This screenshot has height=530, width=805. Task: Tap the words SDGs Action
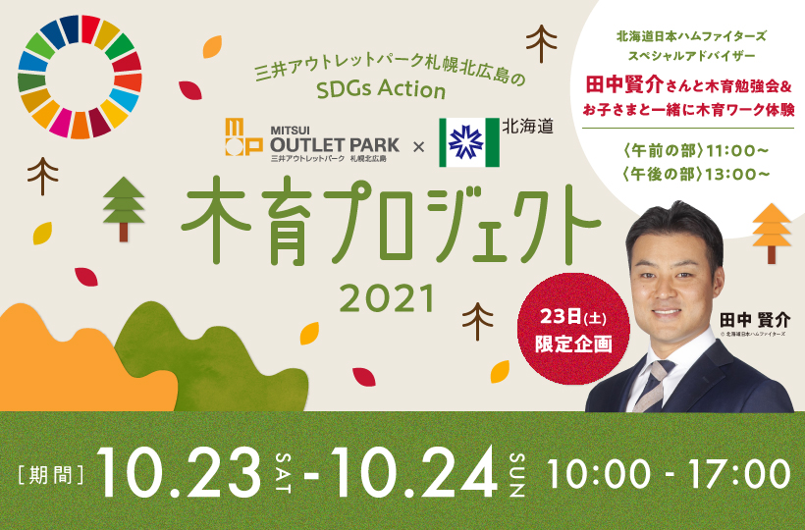pyautogui.click(x=381, y=89)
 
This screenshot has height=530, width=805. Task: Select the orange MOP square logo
pyautogui.click(x=243, y=136)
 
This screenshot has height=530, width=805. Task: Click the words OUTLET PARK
pyautogui.click(x=335, y=144)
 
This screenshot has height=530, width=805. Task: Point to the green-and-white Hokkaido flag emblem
pyautogui.click(x=468, y=142)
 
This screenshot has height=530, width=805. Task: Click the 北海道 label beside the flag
pyautogui.click(x=527, y=127)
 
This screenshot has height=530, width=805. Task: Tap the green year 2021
pyautogui.click(x=387, y=298)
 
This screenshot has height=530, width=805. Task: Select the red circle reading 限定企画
pyautogui.click(x=573, y=329)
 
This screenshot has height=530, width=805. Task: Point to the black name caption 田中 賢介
pyautogui.click(x=755, y=321)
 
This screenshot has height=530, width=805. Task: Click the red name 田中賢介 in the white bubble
pyautogui.click(x=625, y=84)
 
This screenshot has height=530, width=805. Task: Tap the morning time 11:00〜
pyautogui.click(x=737, y=151)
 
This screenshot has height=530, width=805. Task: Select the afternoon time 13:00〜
pyautogui.click(x=737, y=175)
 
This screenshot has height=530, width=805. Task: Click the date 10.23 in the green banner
pyautogui.click(x=180, y=472)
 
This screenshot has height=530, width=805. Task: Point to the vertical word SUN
pyautogui.click(x=517, y=475)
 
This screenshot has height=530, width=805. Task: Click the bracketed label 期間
pyautogui.click(x=51, y=475)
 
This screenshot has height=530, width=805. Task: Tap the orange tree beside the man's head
pyautogui.click(x=772, y=234)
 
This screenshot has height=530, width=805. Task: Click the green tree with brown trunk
pyautogui.click(x=124, y=209)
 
